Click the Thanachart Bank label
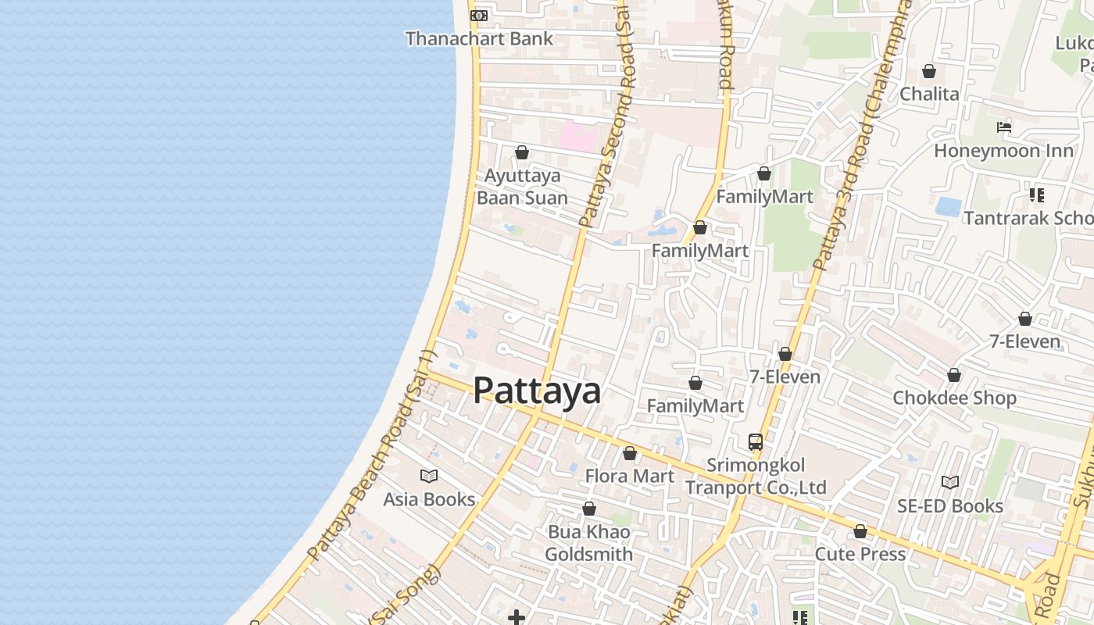[x=479, y=38]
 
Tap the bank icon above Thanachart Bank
[x=479, y=15]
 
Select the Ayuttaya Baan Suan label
[x=522, y=187]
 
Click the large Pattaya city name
[x=537, y=391]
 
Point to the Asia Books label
[x=429, y=499]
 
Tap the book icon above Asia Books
[x=429, y=476]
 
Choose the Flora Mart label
[x=630, y=476]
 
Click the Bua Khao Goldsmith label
[x=588, y=543]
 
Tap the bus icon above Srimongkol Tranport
[x=756, y=441]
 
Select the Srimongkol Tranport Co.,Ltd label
[x=756, y=477]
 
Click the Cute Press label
[x=860, y=554]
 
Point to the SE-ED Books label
[x=950, y=506]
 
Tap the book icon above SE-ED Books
[x=950, y=483]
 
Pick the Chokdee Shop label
[x=954, y=398]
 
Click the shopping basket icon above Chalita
[x=929, y=71]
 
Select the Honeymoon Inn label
[x=1004, y=150]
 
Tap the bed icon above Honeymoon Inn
[x=1004, y=127]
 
